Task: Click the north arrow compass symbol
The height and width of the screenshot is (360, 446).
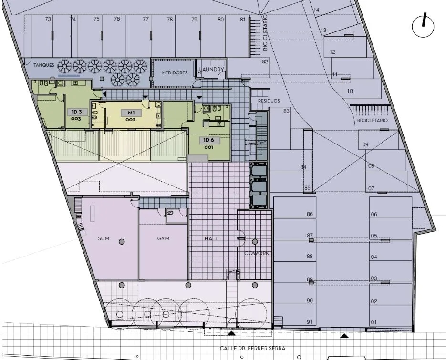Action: pos(423,26)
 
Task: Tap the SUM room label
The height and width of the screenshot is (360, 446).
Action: pos(104,238)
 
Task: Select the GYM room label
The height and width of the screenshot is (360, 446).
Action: pos(163,238)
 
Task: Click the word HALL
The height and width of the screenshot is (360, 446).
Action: pos(211,238)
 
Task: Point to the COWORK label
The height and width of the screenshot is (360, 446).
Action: pos(257,253)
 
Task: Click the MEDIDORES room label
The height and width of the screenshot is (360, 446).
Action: pos(175,73)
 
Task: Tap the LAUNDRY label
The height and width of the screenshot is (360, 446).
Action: pos(211,69)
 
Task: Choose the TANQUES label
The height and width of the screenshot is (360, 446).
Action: pos(44,65)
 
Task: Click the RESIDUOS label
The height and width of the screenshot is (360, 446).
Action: pos(269,101)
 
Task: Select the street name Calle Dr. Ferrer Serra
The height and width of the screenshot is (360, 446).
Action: pos(253,348)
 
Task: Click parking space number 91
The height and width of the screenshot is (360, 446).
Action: pos(310,322)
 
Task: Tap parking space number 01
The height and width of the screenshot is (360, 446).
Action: pos(374,322)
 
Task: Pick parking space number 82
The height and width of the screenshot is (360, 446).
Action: pos(265,62)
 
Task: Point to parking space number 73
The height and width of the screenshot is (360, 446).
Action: pos(48,19)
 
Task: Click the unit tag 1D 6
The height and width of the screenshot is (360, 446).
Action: pos(208,140)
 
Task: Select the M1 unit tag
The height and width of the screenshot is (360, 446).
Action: pos(131,113)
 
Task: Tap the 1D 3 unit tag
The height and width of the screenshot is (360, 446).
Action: pos(76,112)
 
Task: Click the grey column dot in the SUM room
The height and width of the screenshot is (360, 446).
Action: pos(122,242)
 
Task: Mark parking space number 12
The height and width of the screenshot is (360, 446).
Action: pos(332,52)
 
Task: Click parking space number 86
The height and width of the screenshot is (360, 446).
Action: pos(310,214)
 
